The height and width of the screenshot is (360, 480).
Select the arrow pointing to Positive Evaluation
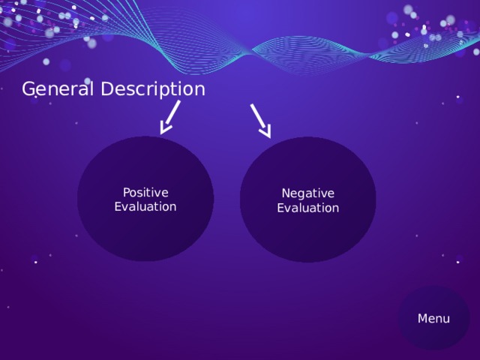coord(170,118)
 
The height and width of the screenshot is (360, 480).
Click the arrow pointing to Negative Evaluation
coord(260,120)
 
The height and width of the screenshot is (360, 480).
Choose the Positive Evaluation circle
coord(145,225)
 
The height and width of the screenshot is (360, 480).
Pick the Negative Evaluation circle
coord(307,232)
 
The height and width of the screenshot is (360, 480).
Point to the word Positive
coord(145,192)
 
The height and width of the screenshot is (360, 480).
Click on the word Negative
coord(307,193)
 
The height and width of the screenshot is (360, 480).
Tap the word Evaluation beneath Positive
coord(145,206)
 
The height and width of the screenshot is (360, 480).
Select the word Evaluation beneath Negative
coord(307,208)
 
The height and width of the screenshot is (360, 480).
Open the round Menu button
coord(433,318)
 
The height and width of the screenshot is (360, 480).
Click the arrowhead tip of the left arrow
coord(163,133)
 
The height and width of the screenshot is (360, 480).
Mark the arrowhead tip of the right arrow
coord(269,136)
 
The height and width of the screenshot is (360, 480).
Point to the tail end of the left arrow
coord(179,101)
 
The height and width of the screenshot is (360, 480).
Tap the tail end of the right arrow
coord(251,104)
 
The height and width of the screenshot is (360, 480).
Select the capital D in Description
coord(107,89)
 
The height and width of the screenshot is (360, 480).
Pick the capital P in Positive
coord(126,192)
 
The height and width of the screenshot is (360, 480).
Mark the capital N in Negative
coord(286,193)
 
